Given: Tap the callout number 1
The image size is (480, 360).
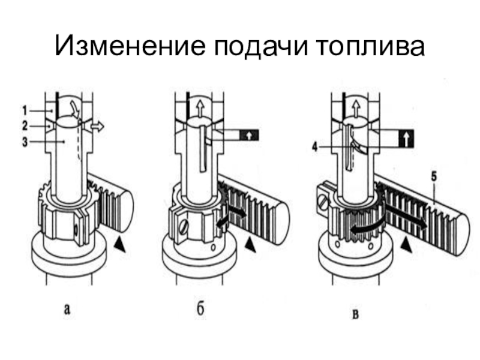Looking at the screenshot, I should (25, 110).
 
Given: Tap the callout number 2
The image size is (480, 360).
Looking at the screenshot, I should (25, 126).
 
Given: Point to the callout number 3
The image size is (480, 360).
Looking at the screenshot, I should (25, 142).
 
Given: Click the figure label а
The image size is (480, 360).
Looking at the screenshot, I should (68, 310).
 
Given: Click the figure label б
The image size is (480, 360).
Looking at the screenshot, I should (200, 310).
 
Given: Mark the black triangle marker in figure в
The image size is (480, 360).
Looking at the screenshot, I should (406, 243).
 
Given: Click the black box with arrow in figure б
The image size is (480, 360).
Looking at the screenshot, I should (247, 135).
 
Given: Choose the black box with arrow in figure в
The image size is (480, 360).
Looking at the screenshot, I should (406, 139).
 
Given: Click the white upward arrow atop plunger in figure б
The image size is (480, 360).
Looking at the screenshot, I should (197, 108).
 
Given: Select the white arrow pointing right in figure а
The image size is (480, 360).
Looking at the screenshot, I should (95, 127).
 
